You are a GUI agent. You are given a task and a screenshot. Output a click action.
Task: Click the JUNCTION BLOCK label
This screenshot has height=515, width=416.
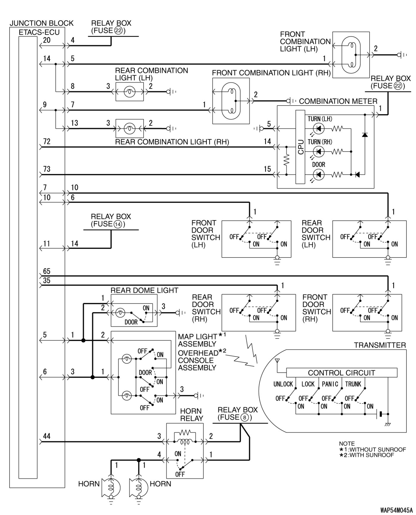(x=42, y=23)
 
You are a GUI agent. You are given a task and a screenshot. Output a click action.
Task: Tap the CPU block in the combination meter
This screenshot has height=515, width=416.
(x=300, y=147)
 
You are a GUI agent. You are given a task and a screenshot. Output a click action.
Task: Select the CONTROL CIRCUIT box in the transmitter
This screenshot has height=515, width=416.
(x=341, y=373)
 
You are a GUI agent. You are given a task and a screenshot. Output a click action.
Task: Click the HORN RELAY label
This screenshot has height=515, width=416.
(x=192, y=415)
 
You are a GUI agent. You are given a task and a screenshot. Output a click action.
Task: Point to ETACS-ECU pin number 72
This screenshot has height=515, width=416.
(x=47, y=142)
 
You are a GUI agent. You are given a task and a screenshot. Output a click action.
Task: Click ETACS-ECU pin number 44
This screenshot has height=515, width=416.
(x=47, y=436)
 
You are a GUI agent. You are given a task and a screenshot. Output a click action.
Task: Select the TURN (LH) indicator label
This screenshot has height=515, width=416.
(x=320, y=119)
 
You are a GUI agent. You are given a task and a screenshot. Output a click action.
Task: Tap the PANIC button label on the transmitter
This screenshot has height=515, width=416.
(x=330, y=384)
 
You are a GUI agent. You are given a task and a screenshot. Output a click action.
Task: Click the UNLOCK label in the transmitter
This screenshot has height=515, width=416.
(x=283, y=384)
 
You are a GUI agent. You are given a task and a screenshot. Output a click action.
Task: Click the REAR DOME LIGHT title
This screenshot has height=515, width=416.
(x=144, y=290)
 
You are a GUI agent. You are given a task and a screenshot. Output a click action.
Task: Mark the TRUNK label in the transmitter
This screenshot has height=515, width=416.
(x=353, y=384)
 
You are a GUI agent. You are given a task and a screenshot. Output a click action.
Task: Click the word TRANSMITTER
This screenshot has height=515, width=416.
(x=380, y=345)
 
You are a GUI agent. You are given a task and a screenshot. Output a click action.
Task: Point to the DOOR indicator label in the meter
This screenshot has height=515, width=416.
(x=319, y=164)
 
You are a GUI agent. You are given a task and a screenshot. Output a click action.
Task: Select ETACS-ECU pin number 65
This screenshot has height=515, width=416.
(x=47, y=271)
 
